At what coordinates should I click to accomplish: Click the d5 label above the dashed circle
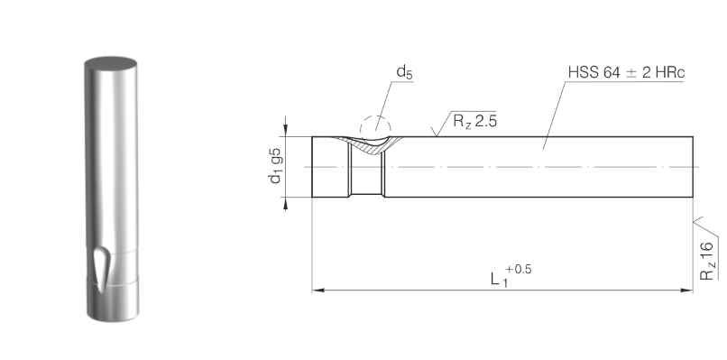[404, 72]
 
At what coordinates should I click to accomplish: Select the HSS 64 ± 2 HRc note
[626, 72]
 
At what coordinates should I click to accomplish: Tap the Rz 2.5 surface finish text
[474, 121]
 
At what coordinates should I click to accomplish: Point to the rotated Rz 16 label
[706, 260]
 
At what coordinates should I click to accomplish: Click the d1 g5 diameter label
[275, 166]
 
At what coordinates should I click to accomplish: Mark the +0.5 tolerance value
[519, 269]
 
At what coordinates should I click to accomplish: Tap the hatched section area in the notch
[371, 146]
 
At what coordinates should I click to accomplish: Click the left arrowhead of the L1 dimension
[317, 291]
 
